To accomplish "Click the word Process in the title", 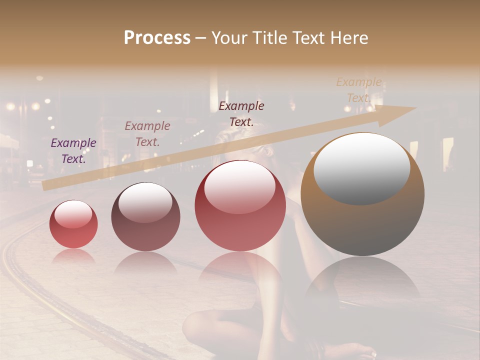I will (x=157, y=38).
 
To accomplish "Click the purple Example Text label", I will (x=73, y=151).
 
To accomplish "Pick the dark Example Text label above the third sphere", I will (x=241, y=113).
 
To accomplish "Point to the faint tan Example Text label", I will (x=358, y=90).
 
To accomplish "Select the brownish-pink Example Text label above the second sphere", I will (x=147, y=134).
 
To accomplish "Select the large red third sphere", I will (x=240, y=206).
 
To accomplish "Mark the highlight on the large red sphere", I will (x=240, y=186).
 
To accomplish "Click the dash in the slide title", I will (x=200, y=38).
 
